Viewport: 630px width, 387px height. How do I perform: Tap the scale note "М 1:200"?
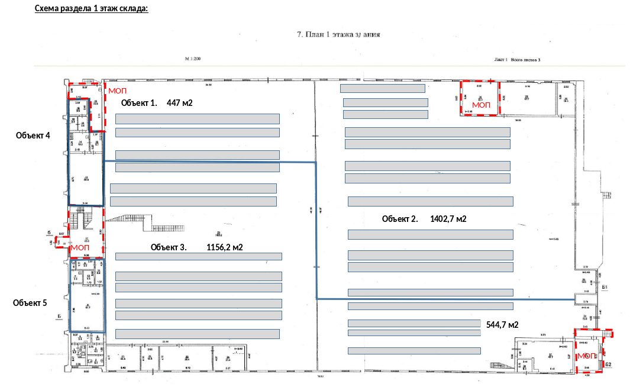193,59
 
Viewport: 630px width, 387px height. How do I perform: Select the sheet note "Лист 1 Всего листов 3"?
518,59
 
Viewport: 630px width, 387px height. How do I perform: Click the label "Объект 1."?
139,103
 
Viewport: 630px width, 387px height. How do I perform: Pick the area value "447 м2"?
180,103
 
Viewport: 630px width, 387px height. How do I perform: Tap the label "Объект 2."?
400,219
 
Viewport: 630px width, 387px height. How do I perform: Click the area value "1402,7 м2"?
449,219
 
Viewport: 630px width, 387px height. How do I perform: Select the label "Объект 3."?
169,247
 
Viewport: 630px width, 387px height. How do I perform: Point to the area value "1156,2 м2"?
225,247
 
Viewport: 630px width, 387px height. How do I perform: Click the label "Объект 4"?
33,135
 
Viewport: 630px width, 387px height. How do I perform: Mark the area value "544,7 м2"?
502,325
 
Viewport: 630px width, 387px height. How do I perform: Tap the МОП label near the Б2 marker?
587,356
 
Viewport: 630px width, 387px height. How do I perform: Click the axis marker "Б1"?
605,288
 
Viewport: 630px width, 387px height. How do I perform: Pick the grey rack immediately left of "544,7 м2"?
413,323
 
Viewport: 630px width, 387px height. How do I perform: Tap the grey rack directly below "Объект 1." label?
197,119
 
